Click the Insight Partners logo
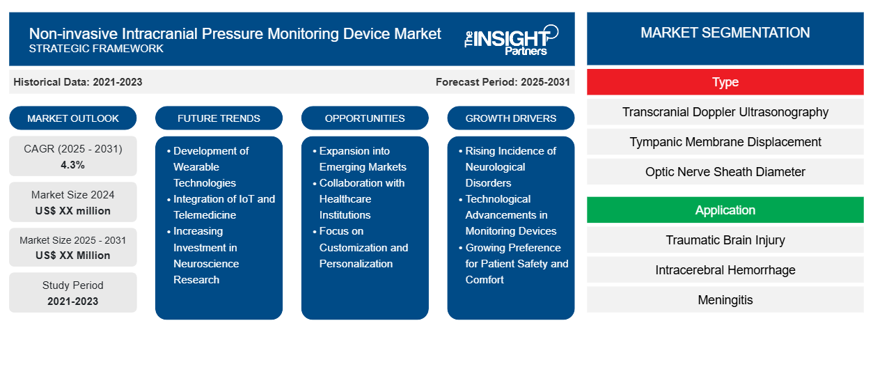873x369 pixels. (512, 39)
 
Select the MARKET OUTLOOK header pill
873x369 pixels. (73, 118)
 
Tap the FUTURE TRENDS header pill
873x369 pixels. (219, 118)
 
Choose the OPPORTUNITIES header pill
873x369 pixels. (365, 118)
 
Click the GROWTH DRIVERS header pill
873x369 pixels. (511, 118)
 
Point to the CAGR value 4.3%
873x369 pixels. (73, 165)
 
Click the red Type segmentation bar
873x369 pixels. (725, 82)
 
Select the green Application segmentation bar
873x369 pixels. (725, 210)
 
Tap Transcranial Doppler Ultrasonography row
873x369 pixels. (725, 112)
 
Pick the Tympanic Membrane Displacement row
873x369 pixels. (725, 142)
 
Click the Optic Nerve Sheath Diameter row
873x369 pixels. (725, 172)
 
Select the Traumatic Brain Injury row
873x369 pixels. (725, 240)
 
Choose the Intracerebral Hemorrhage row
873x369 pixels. (725, 270)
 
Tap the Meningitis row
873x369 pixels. (725, 300)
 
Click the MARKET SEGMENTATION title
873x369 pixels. (725, 33)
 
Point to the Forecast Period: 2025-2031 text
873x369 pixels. (503, 82)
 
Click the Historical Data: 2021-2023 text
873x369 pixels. (78, 82)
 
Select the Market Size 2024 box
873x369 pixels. (73, 203)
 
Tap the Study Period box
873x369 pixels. (73, 293)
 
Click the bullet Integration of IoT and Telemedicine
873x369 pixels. (223, 207)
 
